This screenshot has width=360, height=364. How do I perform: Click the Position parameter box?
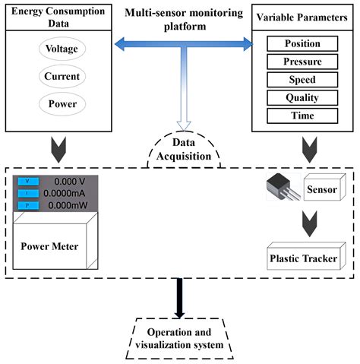click(302, 44)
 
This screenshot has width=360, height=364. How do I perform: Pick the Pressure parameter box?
click(302, 62)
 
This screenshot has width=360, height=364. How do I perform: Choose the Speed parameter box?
click(302, 81)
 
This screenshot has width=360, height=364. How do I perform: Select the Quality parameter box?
click(302, 98)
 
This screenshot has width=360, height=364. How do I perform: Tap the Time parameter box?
click(302, 116)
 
